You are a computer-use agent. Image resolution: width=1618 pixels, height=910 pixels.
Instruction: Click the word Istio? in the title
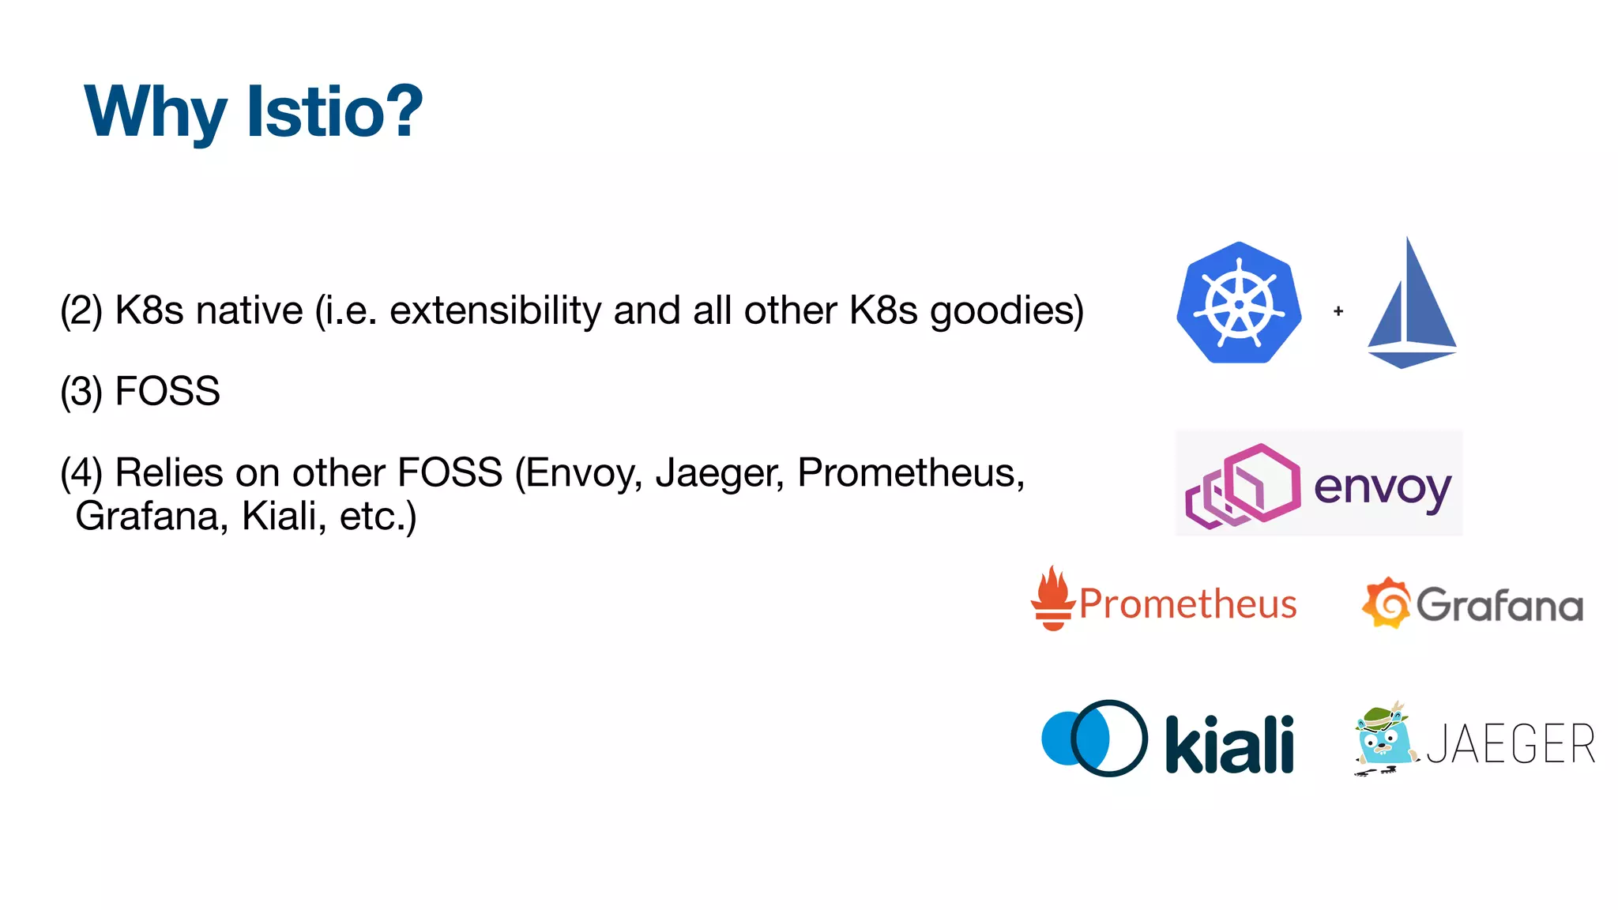[x=335, y=111]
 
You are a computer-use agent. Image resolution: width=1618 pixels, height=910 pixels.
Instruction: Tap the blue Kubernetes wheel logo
[x=1239, y=303]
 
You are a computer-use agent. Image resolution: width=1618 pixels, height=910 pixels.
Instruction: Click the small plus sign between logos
[x=1338, y=311]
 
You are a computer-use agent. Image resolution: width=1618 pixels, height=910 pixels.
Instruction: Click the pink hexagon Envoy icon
[x=1244, y=486]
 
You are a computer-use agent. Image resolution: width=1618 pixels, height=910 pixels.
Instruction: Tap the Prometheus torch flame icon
[x=1053, y=598]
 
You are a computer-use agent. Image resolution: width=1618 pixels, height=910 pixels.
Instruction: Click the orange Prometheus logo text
[x=1187, y=604]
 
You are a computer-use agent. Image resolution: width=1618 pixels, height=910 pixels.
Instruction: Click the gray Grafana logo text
[x=1499, y=606]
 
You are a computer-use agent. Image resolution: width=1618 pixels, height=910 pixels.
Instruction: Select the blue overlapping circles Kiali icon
[x=1094, y=739]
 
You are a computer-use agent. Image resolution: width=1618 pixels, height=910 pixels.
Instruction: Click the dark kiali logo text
[x=1229, y=745]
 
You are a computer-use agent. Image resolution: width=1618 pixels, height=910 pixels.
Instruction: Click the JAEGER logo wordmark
[x=1511, y=744]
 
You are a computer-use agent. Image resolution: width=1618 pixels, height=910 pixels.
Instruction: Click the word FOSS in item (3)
[x=167, y=391]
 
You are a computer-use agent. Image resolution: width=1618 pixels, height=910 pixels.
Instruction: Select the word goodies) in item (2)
[x=1007, y=310]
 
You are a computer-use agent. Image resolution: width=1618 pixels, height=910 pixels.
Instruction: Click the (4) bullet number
[x=81, y=473]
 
